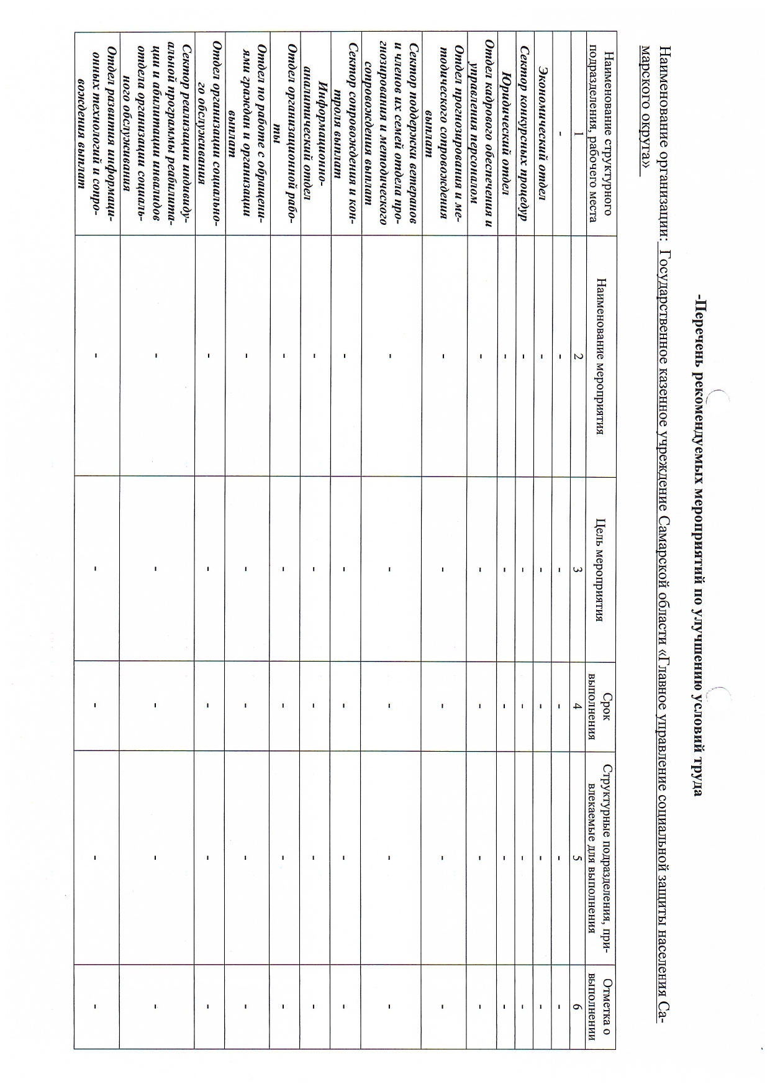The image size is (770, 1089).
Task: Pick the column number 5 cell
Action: [x=578, y=857]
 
